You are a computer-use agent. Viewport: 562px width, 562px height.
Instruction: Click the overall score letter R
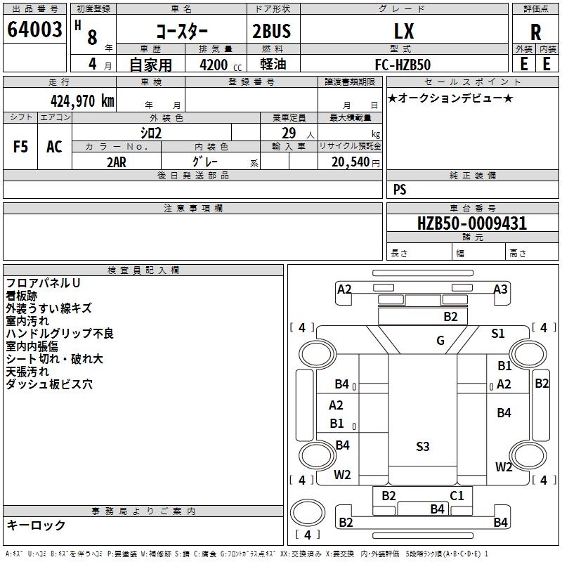tap(535, 32)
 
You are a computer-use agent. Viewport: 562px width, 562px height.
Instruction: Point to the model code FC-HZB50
tap(403, 63)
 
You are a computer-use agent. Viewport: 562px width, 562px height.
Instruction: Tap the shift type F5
tap(20, 147)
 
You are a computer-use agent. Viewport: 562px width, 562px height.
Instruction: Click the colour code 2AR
tap(116, 162)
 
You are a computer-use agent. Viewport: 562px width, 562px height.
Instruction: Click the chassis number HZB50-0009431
tap(471, 223)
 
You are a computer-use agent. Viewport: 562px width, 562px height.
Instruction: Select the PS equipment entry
tap(400, 190)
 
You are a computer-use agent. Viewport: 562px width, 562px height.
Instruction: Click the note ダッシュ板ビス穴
tap(48, 384)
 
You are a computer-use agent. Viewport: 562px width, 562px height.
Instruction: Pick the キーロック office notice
tap(36, 525)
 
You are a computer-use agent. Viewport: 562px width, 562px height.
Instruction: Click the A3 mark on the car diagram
tap(500, 289)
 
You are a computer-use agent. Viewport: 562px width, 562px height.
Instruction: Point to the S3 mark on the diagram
tap(422, 446)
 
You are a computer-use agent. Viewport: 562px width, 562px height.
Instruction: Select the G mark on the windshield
tap(440, 341)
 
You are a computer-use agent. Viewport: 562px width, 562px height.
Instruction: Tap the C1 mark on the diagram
tap(457, 495)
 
